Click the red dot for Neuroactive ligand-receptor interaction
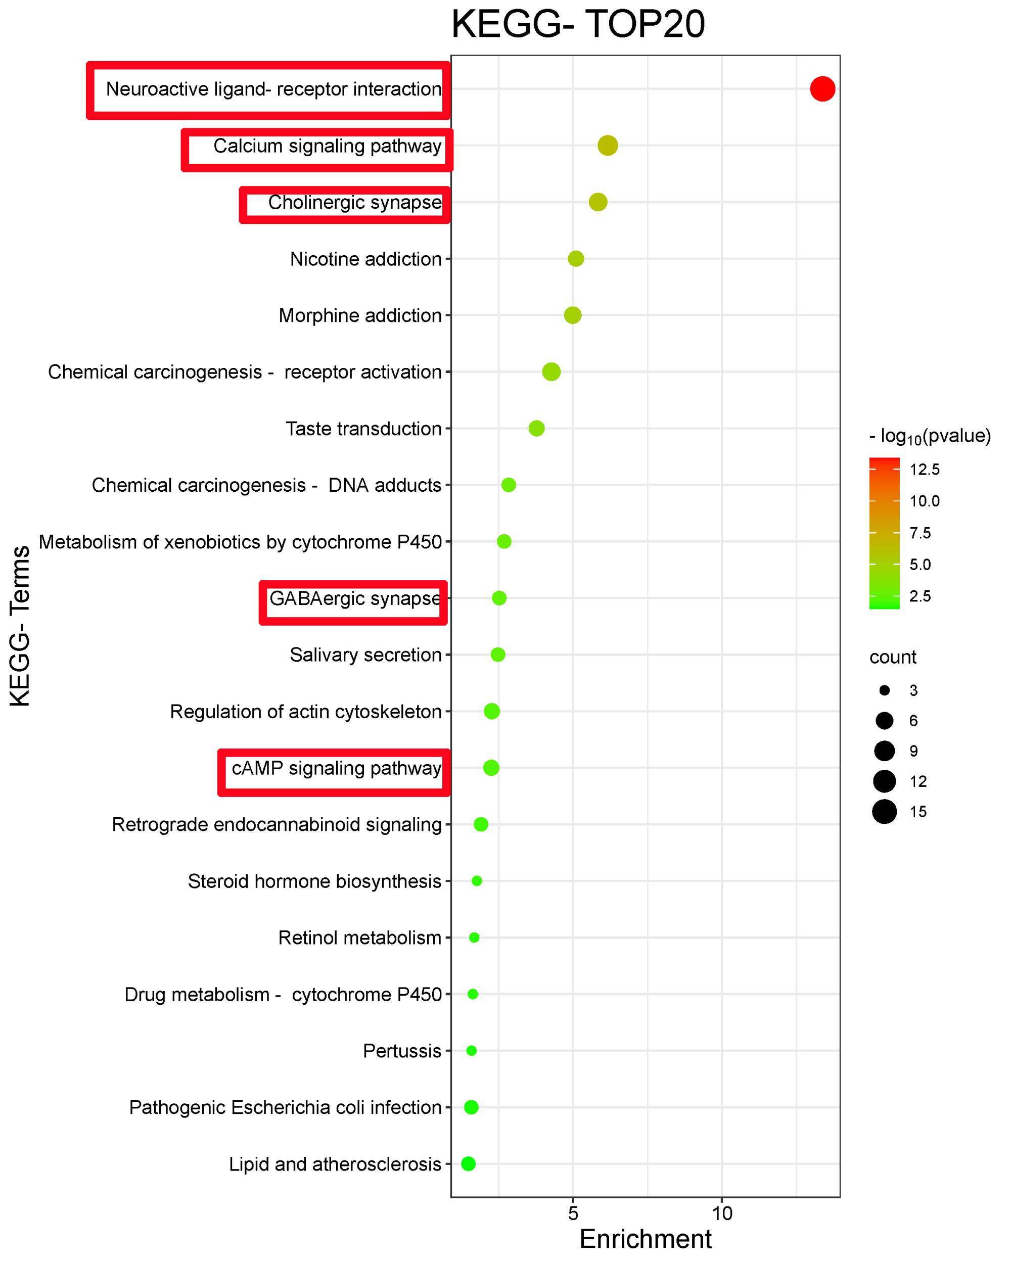[x=822, y=89]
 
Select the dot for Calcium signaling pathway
[x=608, y=145]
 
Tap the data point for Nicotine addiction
[x=576, y=258]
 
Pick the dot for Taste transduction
[x=536, y=428]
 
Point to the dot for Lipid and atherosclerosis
[x=468, y=1163]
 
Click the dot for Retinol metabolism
[x=474, y=938]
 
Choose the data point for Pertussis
[x=471, y=1050]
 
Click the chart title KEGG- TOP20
[x=578, y=25]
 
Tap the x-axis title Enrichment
[x=646, y=1239]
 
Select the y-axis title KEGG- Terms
[x=21, y=626]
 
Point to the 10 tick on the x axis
[x=722, y=1212]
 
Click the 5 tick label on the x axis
[x=573, y=1212]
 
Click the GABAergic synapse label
[x=354, y=598]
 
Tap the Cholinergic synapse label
[x=354, y=202]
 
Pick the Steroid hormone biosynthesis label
[x=314, y=880]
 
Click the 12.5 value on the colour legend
[x=924, y=469]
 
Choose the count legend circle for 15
[x=885, y=811]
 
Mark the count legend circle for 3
[x=885, y=690]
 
